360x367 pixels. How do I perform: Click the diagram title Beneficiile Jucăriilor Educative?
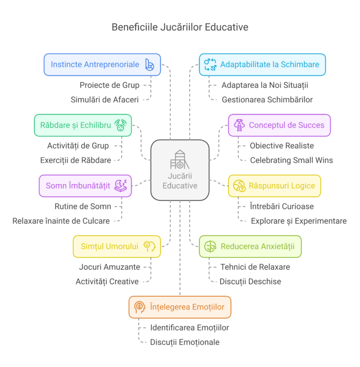180,27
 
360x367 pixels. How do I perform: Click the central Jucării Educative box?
180,170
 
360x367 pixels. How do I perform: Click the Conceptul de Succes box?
279,125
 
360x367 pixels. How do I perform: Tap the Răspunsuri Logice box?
274,186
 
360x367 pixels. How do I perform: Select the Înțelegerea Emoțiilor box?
180,307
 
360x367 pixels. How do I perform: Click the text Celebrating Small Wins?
291,160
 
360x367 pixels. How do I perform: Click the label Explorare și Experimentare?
299,221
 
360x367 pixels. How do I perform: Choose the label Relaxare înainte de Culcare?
61,221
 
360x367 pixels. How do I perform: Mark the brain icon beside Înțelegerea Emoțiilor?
139,307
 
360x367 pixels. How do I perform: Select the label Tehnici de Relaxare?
255,267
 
